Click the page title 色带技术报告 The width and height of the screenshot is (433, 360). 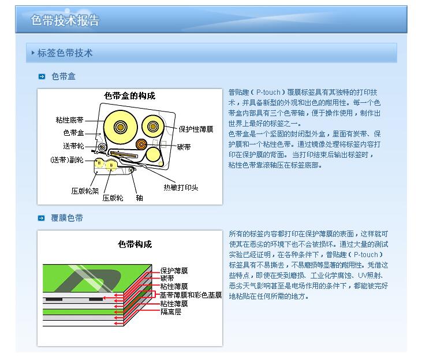[65, 20]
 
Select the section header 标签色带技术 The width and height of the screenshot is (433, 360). [65, 53]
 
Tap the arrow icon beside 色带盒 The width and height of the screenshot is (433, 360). [42, 77]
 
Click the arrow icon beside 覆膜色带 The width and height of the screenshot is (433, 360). [41, 218]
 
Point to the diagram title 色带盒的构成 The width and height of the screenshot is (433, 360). [129, 96]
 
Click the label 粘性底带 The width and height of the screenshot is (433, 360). [70, 120]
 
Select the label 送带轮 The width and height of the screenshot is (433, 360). [73, 146]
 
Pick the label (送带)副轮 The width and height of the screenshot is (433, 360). [67, 160]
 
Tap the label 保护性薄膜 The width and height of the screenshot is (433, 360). [196, 129]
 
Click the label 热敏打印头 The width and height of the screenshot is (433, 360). [181, 187]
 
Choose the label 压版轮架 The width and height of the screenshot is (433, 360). [85, 191]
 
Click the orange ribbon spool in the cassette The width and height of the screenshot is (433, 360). [141, 144]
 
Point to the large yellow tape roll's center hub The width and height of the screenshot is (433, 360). [121, 127]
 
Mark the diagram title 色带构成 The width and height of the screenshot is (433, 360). [135, 244]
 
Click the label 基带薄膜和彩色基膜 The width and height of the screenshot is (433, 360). [191, 295]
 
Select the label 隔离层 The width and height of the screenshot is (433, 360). [171, 312]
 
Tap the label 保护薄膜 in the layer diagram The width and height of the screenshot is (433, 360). [174, 270]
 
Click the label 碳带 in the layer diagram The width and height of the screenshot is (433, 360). [167, 278]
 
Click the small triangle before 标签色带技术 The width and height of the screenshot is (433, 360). [33, 53]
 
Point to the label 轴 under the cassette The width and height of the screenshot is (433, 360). [140, 198]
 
